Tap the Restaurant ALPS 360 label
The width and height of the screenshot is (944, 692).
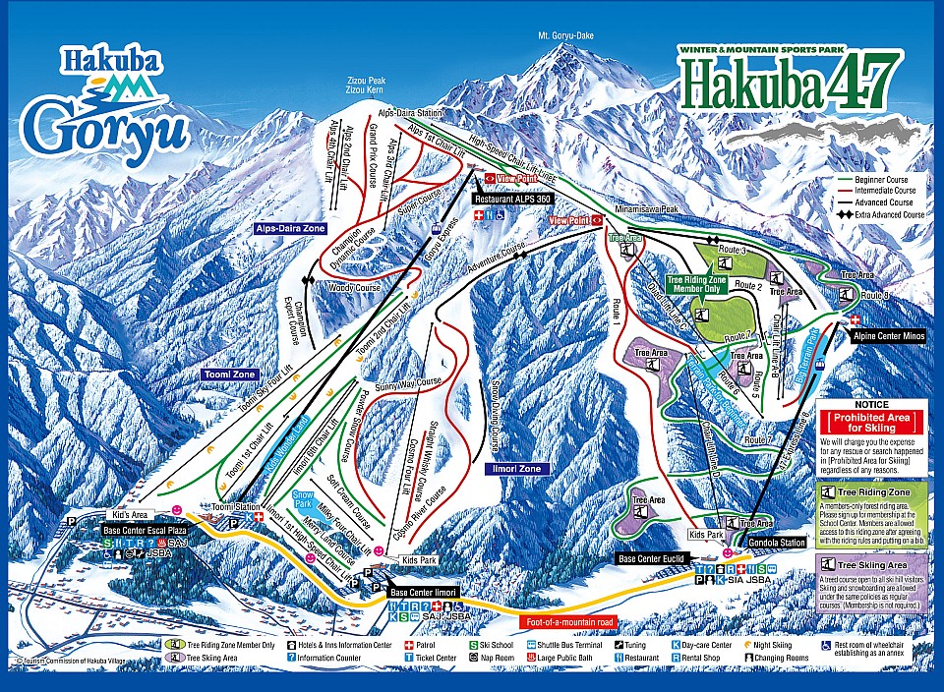[x=512, y=198]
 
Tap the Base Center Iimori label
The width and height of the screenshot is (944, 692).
[x=425, y=593]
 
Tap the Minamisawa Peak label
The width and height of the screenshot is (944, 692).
[x=643, y=209]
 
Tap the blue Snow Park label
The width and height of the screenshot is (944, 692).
[x=304, y=499]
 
